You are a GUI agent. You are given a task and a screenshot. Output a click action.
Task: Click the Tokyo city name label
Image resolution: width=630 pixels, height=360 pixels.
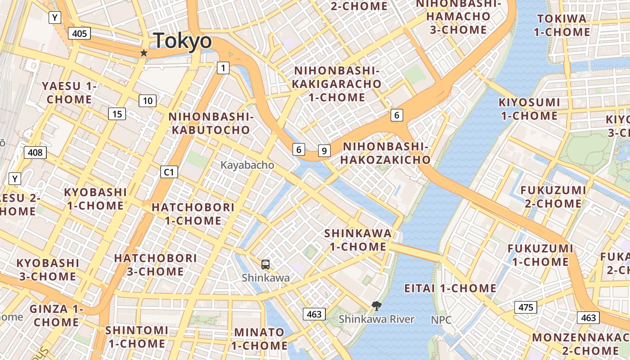(x=182, y=41)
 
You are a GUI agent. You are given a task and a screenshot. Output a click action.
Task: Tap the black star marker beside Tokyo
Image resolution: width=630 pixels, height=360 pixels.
(x=144, y=53)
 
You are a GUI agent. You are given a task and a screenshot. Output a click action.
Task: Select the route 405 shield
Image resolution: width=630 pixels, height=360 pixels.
(x=80, y=33)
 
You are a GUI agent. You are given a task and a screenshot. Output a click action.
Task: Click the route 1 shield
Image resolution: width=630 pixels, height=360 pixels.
(x=223, y=68)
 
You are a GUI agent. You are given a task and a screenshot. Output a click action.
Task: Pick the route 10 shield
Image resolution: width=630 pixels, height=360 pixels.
(x=148, y=101)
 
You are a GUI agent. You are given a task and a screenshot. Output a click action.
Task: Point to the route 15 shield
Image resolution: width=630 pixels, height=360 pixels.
(x=117, y=114)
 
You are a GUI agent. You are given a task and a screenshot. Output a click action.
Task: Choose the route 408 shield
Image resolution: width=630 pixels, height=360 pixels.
(x=35, y=153)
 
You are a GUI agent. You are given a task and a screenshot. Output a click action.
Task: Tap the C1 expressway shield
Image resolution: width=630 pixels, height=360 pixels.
(x=169, y=171)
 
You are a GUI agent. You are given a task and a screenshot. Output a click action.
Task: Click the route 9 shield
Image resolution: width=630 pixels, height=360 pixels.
(x=324, y=151)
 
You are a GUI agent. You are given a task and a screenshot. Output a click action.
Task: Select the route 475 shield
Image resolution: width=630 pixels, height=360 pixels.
(x=525, y=307)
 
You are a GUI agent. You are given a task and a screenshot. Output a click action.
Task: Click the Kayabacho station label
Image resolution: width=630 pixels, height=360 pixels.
(x=247, y=165)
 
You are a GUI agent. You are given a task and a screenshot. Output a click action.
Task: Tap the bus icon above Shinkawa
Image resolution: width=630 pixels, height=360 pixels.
(x=265, y=264)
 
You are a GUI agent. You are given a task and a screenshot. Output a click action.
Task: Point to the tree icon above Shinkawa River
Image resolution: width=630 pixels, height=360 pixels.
(x=376, y=306)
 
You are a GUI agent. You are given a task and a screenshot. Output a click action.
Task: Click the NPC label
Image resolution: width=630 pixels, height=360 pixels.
(x=441, y=319)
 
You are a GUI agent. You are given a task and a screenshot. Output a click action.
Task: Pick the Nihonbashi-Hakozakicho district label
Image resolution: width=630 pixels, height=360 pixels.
(x=385, y=153)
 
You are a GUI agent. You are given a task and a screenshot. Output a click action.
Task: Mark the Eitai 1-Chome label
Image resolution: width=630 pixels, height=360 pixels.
(x=450, y=288)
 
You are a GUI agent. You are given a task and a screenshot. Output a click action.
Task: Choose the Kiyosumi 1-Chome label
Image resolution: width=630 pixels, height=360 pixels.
(x=529, y=109)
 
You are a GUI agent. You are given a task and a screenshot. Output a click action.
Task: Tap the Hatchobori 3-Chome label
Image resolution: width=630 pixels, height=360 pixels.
(x=155, y=265)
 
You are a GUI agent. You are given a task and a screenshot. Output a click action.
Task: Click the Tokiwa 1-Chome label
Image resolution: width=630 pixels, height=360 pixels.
(x=562, y=25)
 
